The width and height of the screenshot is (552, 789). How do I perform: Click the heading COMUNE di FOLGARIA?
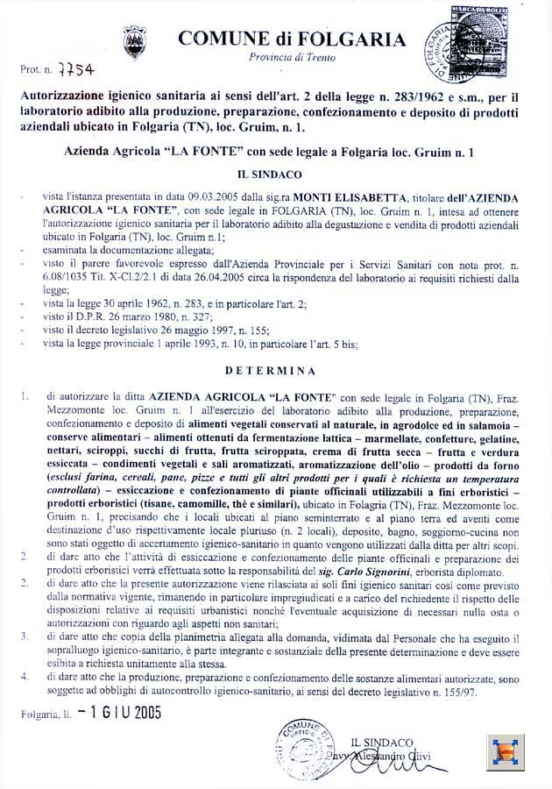pyautogui.click(x=292, y=39)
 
